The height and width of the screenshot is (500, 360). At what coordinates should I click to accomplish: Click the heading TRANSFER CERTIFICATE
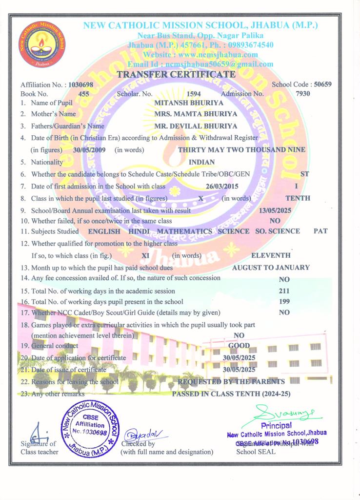pos(176,75)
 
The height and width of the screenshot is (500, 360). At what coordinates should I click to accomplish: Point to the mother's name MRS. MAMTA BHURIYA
pos(196,114)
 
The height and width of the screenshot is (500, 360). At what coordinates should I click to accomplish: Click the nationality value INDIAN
pos(202,162)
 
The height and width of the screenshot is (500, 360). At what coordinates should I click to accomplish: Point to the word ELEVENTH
pos(271,255)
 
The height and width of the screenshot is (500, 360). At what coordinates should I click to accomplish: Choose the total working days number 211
pos(284,291)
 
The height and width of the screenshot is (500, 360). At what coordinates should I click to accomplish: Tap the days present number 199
pos(284,301)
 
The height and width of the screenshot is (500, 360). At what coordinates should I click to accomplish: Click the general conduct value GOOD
pos(239,346)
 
